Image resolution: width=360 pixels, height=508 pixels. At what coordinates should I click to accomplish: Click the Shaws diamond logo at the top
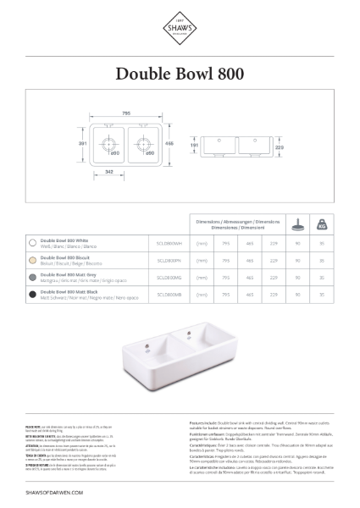point(180,32)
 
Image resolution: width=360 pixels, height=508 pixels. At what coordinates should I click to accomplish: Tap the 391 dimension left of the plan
point(82,145)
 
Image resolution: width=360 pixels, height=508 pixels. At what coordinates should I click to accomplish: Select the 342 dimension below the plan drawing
point(108,172)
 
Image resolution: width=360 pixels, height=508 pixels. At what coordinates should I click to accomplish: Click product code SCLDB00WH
point(169,242)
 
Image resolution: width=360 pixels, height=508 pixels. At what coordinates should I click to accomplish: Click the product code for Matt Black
point(169,293)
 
